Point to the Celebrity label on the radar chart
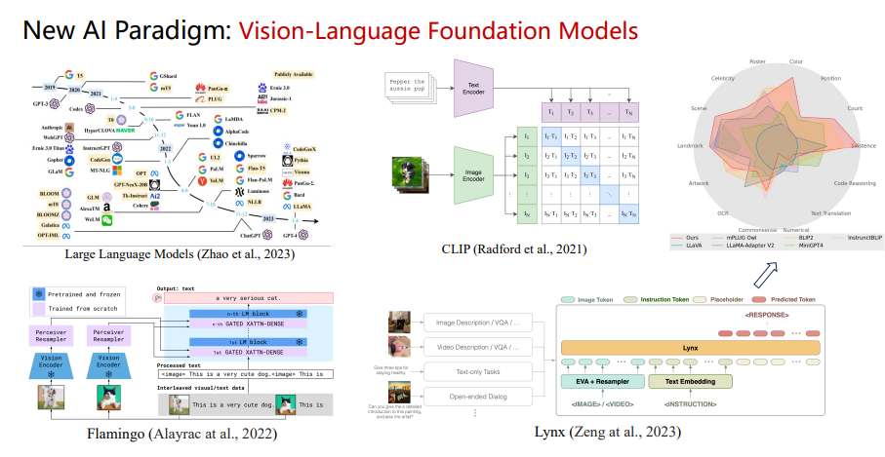[723, 77]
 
